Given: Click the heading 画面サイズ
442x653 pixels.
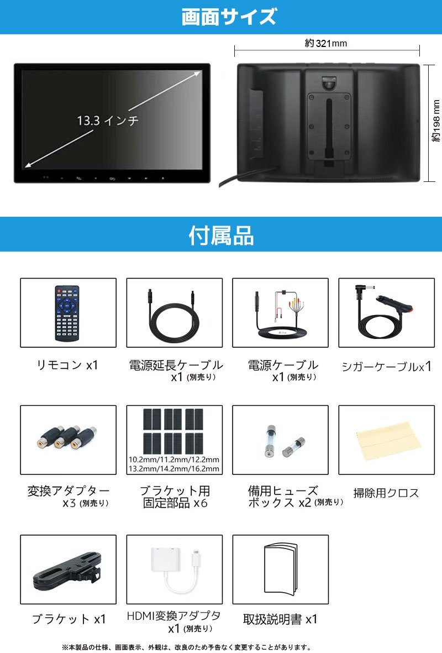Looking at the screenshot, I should [x=228, y=17].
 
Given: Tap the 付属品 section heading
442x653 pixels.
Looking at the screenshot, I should [x=221, y=236].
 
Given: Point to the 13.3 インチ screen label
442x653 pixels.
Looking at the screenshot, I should [x=108, y=120].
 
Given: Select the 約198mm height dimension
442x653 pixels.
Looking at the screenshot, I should [x=436, y=123].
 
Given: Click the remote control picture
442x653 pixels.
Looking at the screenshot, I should [x=67, y=312].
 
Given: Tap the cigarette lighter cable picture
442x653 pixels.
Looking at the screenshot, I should [x=386, y=312].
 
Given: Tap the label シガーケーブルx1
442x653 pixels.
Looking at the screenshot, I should [x=386, y=366].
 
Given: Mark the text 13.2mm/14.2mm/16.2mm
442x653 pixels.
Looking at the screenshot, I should [x=174, y=469].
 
